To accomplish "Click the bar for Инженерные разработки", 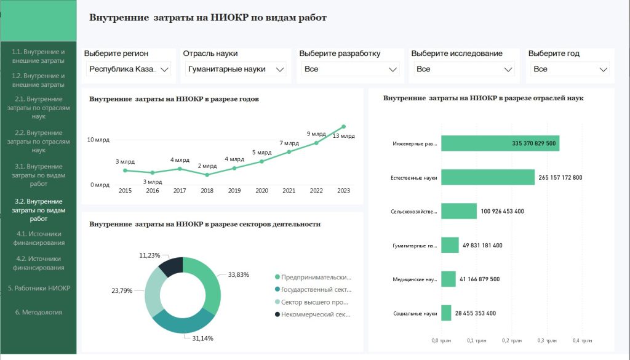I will [x=500, y=143].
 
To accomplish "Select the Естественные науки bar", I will [x=487, y=177].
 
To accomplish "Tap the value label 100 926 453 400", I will [x=503, y=211].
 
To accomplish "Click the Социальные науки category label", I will [x=415, y=313].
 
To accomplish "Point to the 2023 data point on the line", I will [x=343, y=127].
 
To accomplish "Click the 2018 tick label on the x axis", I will [x=207, y=191].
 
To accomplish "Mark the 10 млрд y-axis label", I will [x=98, y=140].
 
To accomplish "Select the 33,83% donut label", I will [x=238, y=274].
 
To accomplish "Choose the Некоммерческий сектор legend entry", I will [x=314, y=314].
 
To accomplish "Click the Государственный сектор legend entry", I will [x=314, y=290].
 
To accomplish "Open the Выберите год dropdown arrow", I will [x=604, y=70].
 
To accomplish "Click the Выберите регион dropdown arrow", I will [x=164, y=70].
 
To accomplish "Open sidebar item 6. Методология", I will [x=38, y=312].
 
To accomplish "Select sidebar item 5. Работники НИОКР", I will [x=38, y=288].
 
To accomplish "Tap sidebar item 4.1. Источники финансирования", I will [x=38, y=238].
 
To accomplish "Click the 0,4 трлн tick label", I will [x=582, y=340].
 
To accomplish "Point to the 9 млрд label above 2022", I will [x=316, y=134].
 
